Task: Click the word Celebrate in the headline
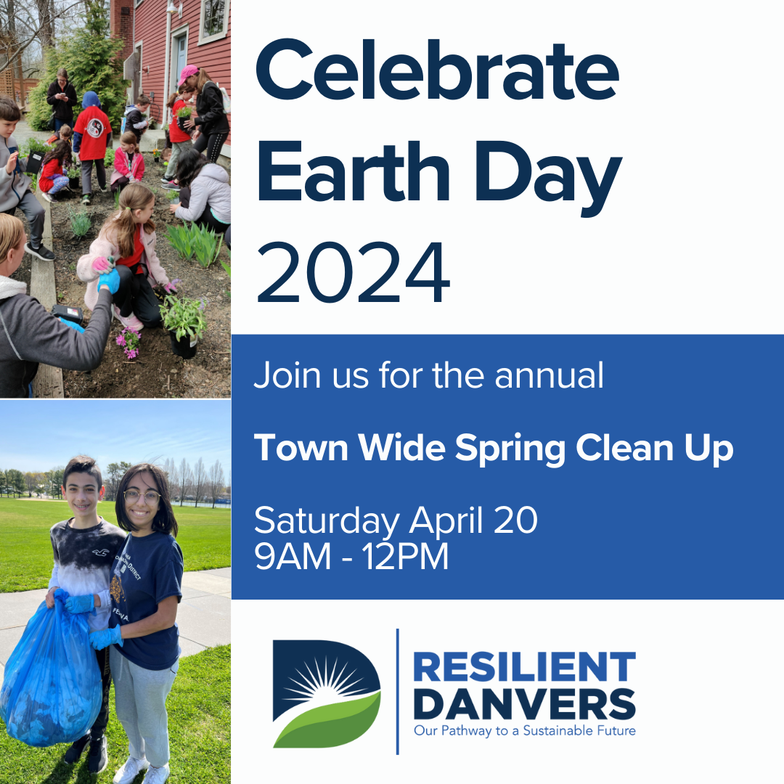pos(438,70)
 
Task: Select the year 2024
pos(354,272)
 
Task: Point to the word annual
pos(549,375)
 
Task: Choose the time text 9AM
pos(293,557)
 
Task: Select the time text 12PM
pos(406,557)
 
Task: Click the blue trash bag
pos(50,670)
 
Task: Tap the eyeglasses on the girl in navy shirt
pos(142,497)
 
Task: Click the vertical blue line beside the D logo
pos(398,692)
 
